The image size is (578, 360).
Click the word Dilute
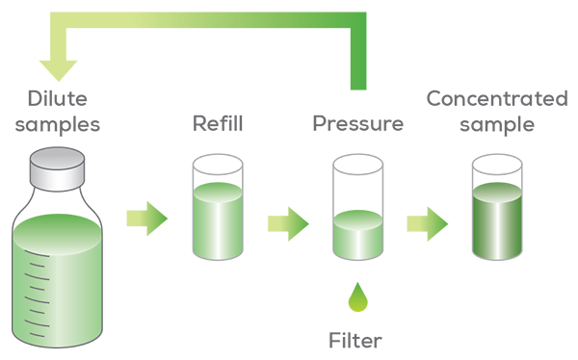tap(58, 99)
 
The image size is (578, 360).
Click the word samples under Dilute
tap(58, 124)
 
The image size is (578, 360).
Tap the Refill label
tap(218, 123)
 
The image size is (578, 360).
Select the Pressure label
tap(358, 123)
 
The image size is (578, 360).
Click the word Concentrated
tap(497, 99)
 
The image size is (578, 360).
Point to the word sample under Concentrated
tap(497, 125)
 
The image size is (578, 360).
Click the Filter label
tap(355, 341)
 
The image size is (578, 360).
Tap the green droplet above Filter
tap(358, 297)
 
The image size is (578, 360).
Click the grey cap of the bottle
tap(57, 168)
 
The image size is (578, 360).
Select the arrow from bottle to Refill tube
tap(147, 219)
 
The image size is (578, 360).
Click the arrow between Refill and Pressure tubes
tap(288, 223)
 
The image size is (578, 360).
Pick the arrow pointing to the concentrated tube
tap(428, 223)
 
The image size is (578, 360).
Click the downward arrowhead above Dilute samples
tap(58, 70)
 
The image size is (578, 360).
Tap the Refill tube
tap(218, 207)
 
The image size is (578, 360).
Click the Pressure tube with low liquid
tap(358, 207)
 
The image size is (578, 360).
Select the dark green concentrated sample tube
tap(497, 207)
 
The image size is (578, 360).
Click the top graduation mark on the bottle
tap(37, 253)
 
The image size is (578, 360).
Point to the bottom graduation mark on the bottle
tap(37, 335)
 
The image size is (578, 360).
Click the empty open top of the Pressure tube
tap(358, 165)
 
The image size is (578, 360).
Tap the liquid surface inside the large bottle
tap(57, 234)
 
